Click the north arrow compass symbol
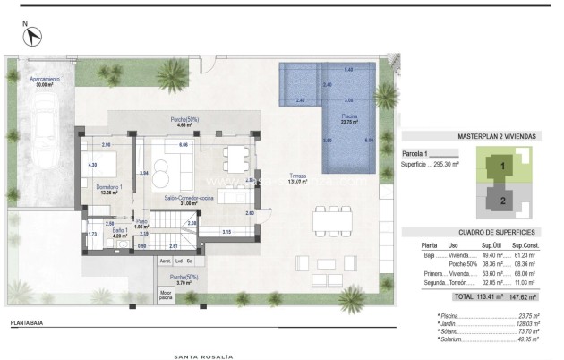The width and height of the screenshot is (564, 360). [34, 37]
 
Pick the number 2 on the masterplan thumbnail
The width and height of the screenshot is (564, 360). [503, 201]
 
